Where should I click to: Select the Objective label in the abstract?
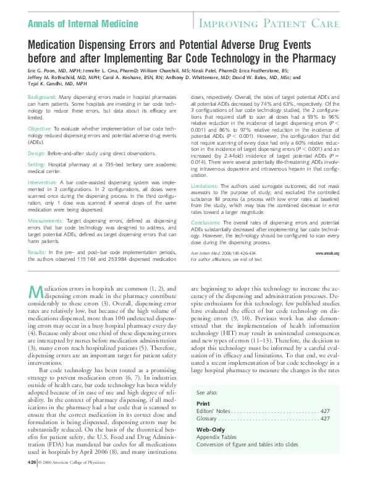(x=40, y=128)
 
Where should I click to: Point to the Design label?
(x=36, y=152)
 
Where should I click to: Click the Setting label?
(x=37, y=164)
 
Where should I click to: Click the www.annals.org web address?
(x=327, y=253)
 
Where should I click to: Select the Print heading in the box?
(x=203, y=404)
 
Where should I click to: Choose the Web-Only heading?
(x=211, y=428)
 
